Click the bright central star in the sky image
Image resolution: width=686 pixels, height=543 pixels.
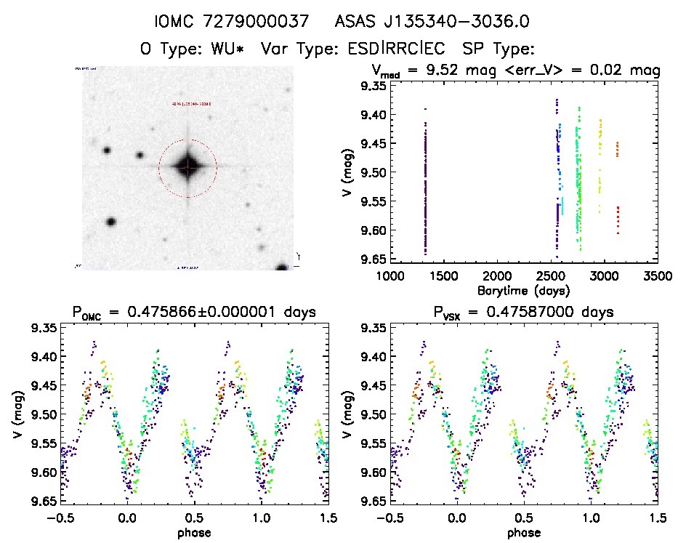point(187,166)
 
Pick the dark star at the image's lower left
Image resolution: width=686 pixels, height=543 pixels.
point(111,222)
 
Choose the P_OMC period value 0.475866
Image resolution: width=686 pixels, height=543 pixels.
point(211,313)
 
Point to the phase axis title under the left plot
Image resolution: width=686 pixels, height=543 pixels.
point(195,532)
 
